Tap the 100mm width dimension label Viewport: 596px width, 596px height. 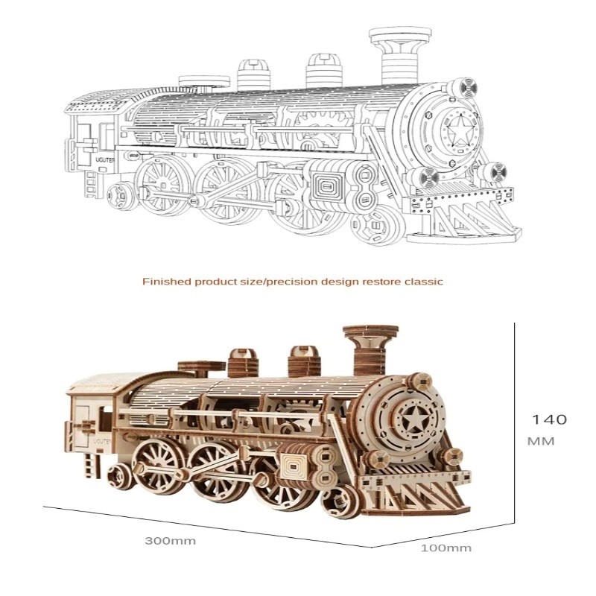[x=446, y=548]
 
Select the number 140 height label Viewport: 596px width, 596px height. [x=549, y=419]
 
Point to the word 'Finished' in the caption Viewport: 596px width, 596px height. [x=166, y=282]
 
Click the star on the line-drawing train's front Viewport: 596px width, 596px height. [x=460, y=130]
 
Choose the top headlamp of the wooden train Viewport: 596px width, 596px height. [x=418, y=382]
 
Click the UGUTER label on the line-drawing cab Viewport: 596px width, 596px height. [x=105, y=160]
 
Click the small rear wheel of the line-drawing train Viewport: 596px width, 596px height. [x=121, y=195]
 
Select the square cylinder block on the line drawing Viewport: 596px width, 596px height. [x=326, y=187]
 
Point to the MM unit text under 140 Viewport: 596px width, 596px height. [x=542, y=441]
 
